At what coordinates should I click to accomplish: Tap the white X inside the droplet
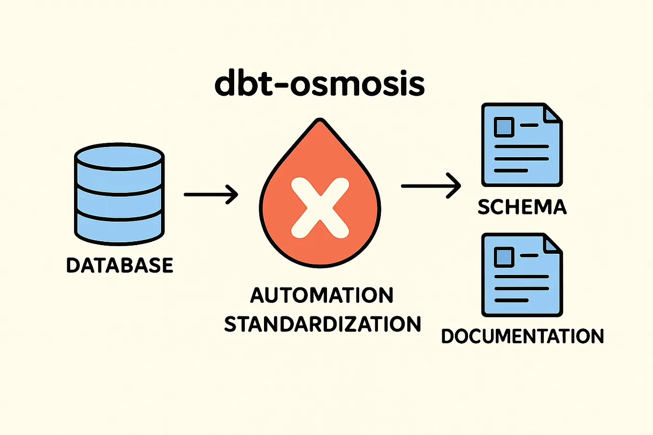coord(320,208)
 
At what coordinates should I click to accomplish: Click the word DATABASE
coord(120,265)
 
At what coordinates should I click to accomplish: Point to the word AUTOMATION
coord(322,295)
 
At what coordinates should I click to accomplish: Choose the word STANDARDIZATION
coord(323,324)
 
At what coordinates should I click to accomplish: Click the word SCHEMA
coord(522,207)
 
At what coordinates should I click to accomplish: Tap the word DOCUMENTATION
coord(522,336)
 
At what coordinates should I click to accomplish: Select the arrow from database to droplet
coord(211,194)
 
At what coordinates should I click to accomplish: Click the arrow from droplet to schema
coord(431,186)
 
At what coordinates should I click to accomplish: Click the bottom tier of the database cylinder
coord(120,228)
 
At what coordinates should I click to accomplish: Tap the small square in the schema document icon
coord(503,126)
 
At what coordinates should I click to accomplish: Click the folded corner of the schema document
coord(552,113)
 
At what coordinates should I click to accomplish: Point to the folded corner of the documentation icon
coord(552,244)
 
